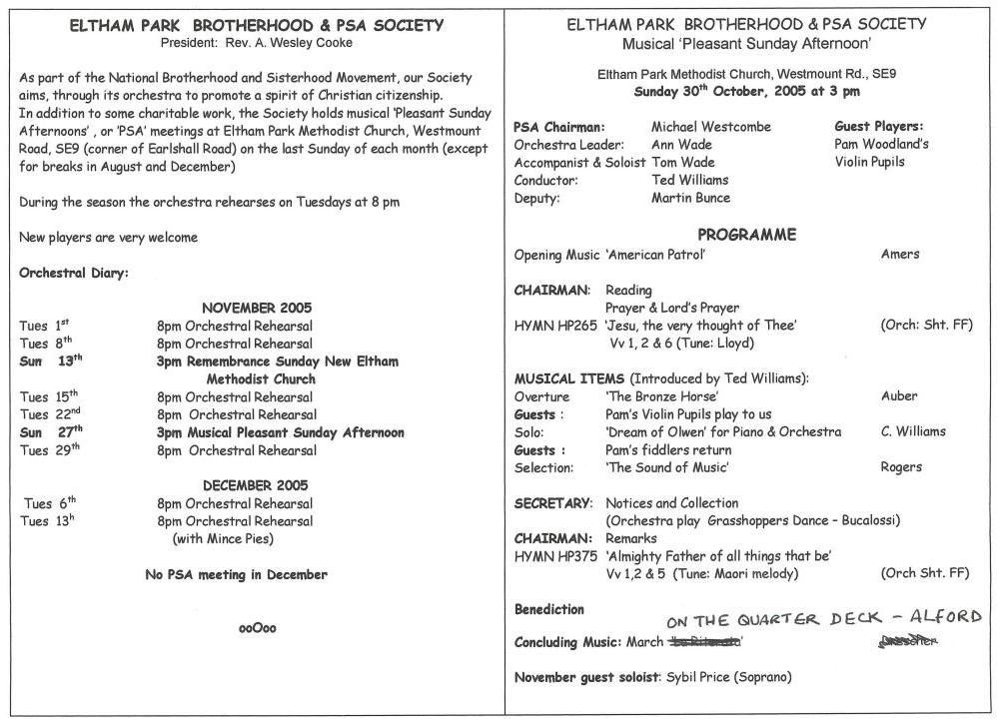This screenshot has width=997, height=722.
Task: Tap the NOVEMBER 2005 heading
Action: click(257, 308)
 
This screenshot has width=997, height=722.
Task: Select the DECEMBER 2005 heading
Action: click(257, 485)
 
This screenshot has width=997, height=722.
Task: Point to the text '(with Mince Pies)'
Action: click(223, 539)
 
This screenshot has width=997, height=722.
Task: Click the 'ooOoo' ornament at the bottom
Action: click(257, 628)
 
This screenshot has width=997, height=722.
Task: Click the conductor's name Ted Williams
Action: click(689, 181)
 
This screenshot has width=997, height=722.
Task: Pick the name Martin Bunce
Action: click(690, 198)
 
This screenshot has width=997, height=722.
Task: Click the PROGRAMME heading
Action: click(746, 236)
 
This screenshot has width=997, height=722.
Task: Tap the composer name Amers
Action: click(900, 255)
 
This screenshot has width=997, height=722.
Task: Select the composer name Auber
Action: click(899, 396)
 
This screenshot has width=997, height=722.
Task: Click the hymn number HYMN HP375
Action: click(555, 556)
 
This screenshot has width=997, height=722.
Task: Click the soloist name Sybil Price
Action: click(697, 677)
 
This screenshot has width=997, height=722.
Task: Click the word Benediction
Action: click(548, 609)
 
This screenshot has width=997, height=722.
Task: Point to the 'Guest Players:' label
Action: click(878, 127)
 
